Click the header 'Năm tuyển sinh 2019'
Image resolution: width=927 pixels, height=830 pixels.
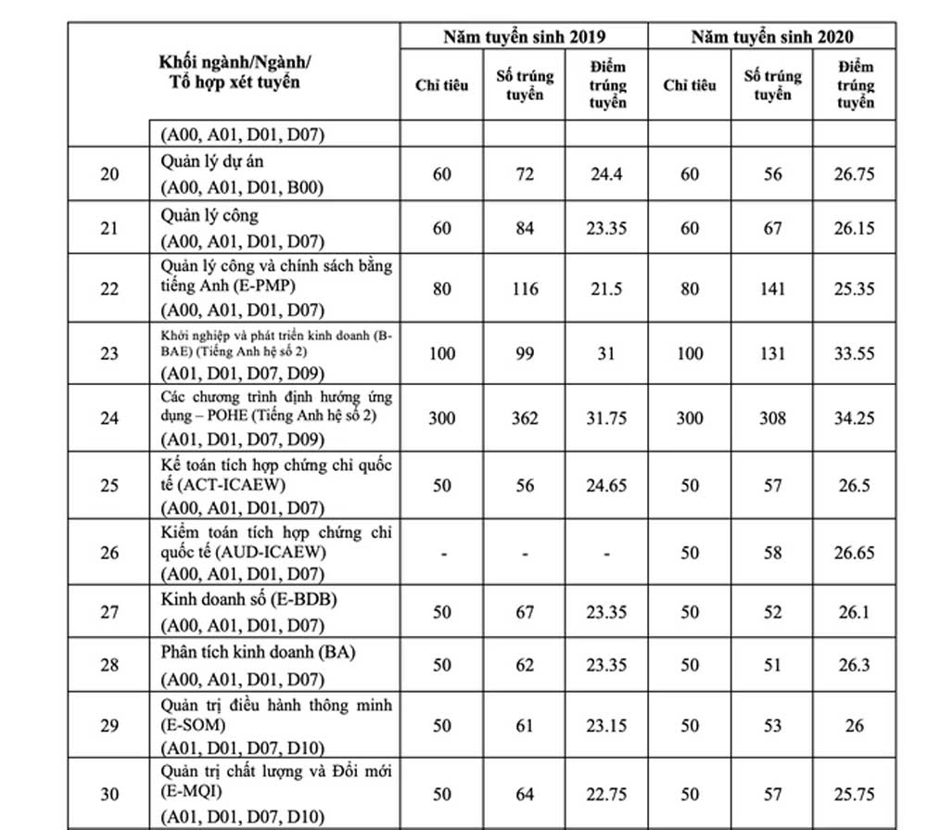(524, 36)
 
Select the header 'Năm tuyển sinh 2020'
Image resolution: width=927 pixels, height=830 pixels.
(772, 36)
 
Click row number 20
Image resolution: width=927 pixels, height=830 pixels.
(109, 173)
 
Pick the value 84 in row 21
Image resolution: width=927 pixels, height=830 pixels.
(525, 228)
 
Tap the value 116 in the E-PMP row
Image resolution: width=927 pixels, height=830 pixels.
(525, 288)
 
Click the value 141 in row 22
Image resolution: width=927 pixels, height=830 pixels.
(772, 288)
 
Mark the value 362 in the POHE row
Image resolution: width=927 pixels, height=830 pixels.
(525, 418)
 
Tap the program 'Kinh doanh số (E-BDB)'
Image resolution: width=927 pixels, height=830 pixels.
(248, 600)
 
